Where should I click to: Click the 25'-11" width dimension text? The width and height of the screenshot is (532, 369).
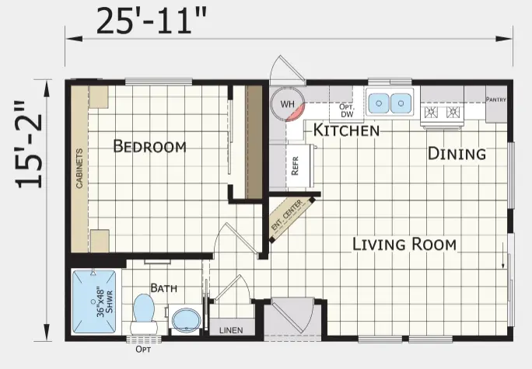[x=152, y=21]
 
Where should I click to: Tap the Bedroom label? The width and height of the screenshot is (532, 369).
[x=149, y=146]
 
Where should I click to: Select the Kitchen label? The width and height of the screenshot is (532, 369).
[x=346, y=130]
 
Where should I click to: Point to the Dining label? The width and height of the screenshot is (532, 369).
[x=457, y=154]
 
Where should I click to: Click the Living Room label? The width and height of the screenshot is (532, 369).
[x=404, y=244]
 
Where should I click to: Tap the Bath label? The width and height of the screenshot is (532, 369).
[x=164, y=288]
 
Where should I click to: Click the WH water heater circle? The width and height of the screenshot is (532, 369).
[x=287, y=104]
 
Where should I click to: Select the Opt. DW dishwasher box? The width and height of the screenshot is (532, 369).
[x=346, y=110]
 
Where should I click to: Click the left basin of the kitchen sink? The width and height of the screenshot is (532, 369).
[x=379, y=103]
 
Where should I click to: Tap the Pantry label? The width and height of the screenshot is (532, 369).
[x=496, y=99]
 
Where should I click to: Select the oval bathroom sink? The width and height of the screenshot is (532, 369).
[x=186, y=319]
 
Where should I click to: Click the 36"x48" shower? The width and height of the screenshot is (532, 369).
[x=94, y=301]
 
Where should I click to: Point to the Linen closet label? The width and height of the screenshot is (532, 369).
[x=231, y=330]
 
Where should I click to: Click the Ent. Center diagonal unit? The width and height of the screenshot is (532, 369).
[x=292, y=218]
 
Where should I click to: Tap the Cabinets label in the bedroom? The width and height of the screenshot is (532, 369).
[x=79, y=168]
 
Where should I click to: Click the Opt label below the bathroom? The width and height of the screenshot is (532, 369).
[x=143, y=350]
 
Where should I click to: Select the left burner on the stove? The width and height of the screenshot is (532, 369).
[x=432, y=112]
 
